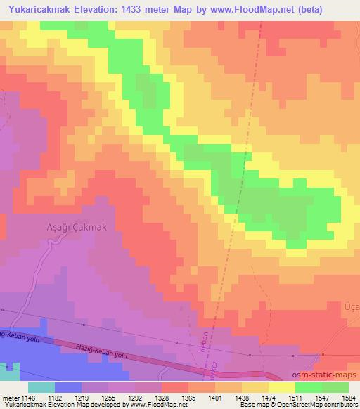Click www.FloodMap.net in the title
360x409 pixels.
tap(274, 8)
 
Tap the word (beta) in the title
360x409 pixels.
tap(335, 8)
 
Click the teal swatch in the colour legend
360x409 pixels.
tap(41, 387)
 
